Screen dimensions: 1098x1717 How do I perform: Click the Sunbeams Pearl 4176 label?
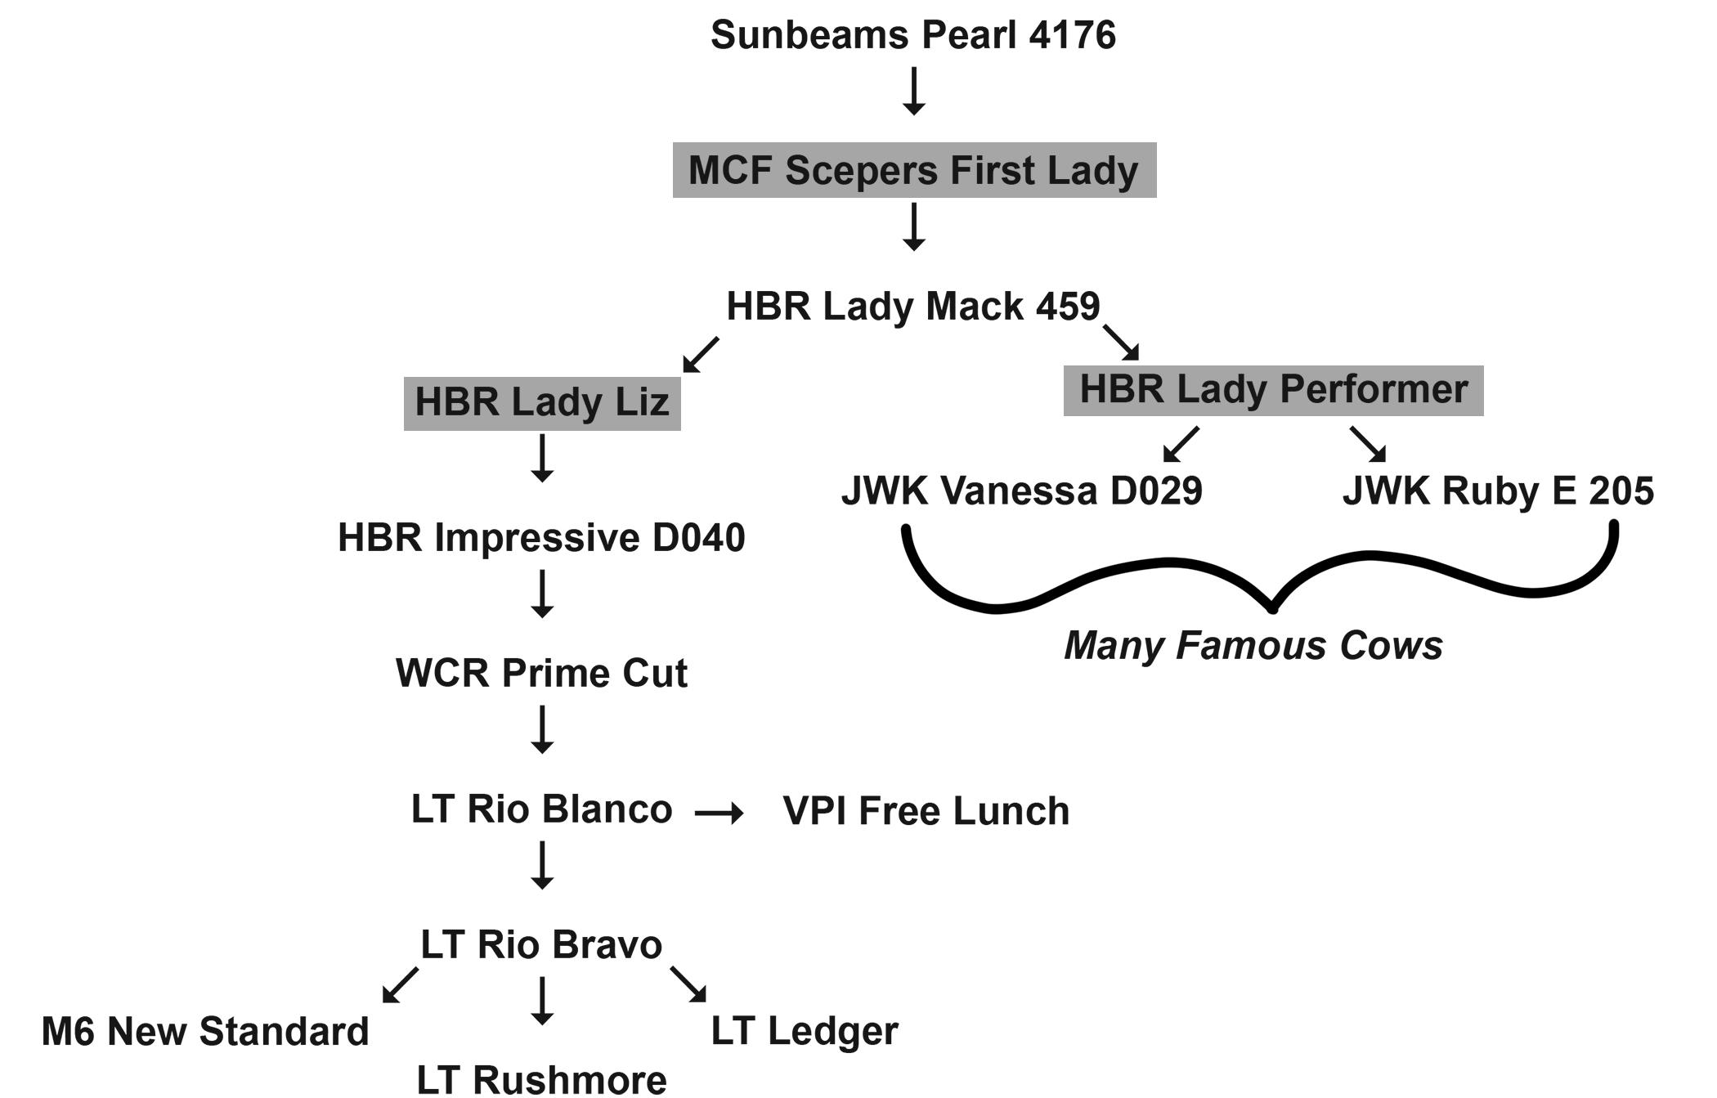pos(912,35)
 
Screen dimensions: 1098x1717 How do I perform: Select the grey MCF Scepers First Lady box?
pos(914,170)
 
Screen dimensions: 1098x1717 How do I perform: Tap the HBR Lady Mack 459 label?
pos(912,307)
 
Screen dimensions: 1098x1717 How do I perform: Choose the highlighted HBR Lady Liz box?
pos(542,402)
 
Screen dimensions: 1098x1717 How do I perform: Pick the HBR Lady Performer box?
pos(1273,390)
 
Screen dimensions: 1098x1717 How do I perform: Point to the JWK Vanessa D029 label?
pos(1021,491)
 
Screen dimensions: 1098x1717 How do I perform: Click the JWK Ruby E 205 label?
pos(1498,491)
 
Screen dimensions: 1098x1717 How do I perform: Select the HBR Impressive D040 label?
pos(541,538)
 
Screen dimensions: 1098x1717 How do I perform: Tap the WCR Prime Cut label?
pos(541,674)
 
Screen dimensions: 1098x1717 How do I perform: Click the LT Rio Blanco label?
pos(541,809)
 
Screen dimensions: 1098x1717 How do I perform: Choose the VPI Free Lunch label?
pos(926,811)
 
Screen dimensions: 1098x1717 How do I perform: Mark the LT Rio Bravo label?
pos(541,945)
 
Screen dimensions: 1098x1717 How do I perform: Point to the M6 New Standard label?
pos(205,1032)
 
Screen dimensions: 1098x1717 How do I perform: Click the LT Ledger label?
pos(805,1032)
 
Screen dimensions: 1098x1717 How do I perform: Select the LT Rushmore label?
pos(541,1079)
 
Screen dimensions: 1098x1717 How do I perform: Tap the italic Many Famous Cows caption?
pos(1253,646)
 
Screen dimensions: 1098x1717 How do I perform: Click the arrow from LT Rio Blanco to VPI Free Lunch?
pos(719,813)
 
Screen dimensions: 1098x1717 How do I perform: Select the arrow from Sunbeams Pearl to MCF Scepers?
pos(914,91)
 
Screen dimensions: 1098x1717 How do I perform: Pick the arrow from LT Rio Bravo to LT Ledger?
pos(688,984)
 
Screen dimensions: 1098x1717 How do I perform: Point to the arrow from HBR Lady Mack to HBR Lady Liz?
pos(701,355)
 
